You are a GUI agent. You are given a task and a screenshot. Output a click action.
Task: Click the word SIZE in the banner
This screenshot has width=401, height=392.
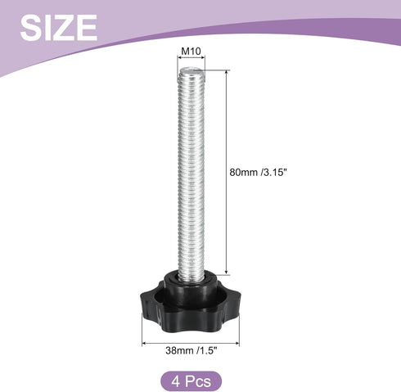point(59,28)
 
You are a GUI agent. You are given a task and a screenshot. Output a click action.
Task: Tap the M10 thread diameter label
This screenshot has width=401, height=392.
point(191,51)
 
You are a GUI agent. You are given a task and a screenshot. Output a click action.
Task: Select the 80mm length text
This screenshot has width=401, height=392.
point(243,172)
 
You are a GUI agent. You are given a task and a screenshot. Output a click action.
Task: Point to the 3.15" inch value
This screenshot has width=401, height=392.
point(275,172)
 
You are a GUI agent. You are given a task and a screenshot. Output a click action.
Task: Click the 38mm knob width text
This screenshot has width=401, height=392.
point(179,350)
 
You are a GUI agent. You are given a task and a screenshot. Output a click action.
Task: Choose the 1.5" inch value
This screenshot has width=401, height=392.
point(207,350)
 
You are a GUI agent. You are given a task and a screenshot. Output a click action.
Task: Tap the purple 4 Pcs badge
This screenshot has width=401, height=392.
point(191,381)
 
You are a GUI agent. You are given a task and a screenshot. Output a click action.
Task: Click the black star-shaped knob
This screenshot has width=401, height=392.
point(191,304)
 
